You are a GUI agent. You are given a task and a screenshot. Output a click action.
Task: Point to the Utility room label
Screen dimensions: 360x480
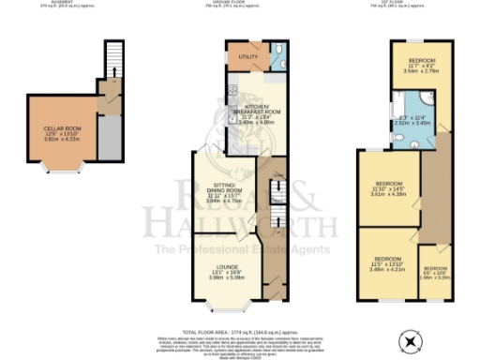(x=247, y=57)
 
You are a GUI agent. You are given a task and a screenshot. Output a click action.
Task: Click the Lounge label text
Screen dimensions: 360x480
(x=224, y=272)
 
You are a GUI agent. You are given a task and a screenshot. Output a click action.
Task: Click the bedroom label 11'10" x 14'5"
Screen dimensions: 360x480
(x=388, y=188)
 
